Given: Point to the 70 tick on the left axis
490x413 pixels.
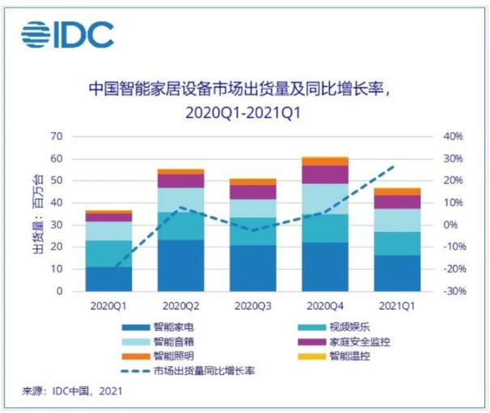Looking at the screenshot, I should [x=57, y=136].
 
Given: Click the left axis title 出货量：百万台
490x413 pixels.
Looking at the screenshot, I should [x=36, y=213].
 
